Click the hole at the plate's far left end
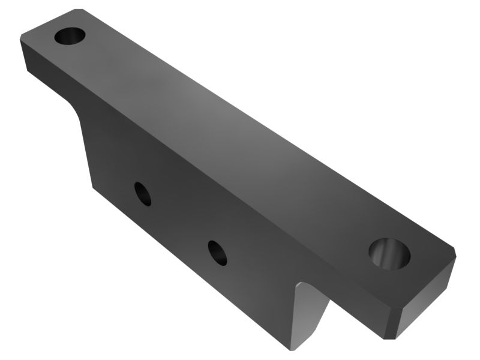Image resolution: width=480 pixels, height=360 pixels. [70, 35]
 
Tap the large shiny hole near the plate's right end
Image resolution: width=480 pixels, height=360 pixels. [389, 253]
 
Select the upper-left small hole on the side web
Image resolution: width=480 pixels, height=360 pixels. [143, 194]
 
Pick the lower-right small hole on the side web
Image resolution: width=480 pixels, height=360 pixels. [218, 252]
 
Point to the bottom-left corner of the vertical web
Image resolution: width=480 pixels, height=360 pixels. [91, 187]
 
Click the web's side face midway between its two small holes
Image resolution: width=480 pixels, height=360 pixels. [180, 223]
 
